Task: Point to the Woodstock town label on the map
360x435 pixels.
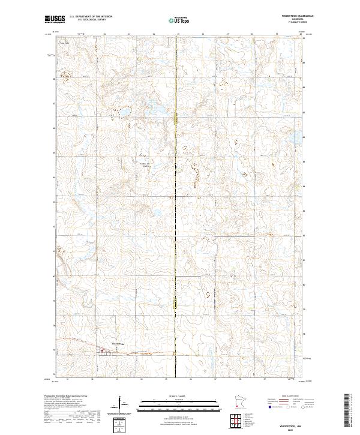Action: pyautogui.click(x=118, y=344)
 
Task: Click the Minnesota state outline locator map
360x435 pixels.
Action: pyautogui.click(x=239, y=401)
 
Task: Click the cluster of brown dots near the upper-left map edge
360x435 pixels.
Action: pyautogui.click(x=65, y=75)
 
